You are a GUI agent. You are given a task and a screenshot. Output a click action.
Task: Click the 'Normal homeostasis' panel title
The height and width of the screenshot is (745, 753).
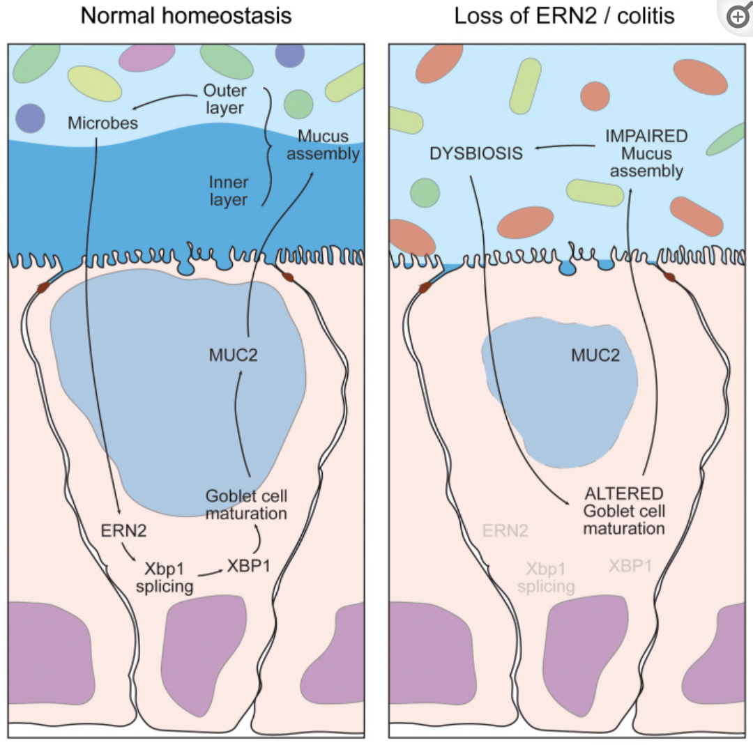[x=186, y=15]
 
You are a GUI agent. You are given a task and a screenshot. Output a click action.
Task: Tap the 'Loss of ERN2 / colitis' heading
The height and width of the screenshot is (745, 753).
[x=564, y=15]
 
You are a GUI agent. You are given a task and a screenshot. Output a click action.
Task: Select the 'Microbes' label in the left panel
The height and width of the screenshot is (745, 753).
[x=102, y=123]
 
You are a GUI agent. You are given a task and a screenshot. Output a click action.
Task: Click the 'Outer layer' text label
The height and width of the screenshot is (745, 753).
[x=224, y=99]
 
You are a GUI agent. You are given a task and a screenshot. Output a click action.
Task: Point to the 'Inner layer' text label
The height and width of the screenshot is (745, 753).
[x=228, y=191]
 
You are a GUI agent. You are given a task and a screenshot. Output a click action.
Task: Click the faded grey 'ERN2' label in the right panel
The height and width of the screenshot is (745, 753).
[x=505, y=531]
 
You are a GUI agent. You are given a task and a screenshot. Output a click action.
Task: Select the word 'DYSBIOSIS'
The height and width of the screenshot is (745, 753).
[x=476, y=153]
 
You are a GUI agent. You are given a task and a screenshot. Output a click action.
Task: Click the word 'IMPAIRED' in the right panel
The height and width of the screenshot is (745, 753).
[x=646, y=136]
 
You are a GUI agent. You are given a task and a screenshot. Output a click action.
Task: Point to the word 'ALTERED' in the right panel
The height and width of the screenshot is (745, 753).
[x=623, y=494]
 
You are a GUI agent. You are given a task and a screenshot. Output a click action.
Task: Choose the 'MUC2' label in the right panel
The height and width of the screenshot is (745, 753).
[x=595, y=355]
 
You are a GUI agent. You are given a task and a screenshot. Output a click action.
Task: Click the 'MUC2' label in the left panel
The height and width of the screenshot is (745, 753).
[x=233, y=355]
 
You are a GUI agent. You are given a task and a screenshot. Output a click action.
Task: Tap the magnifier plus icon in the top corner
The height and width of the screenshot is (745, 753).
[x=738, y=17]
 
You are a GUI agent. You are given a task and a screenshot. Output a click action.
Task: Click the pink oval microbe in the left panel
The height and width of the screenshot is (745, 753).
[x=146, y=57]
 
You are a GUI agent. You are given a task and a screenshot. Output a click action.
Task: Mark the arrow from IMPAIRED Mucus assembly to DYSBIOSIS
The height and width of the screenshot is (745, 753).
[x=565, y=146]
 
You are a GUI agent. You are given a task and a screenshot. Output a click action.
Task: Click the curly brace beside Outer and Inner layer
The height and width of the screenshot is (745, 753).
[x=266, y=146]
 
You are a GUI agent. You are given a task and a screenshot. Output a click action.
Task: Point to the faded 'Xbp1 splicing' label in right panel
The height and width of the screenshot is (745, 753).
[x=546, y=577]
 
